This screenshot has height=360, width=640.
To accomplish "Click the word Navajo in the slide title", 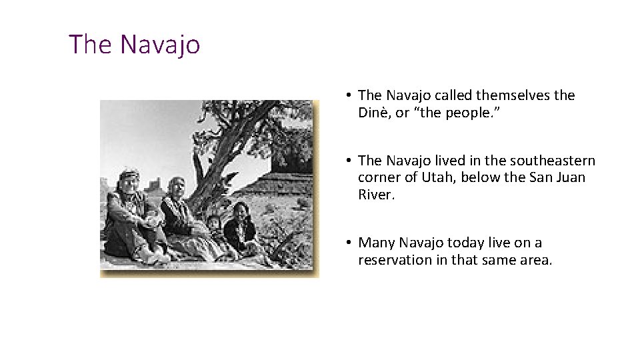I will (160, 45).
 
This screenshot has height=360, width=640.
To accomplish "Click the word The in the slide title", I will (91, 45).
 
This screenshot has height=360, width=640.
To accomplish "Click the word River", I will (376, 195).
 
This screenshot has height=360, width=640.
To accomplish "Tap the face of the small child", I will (214, 223).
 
